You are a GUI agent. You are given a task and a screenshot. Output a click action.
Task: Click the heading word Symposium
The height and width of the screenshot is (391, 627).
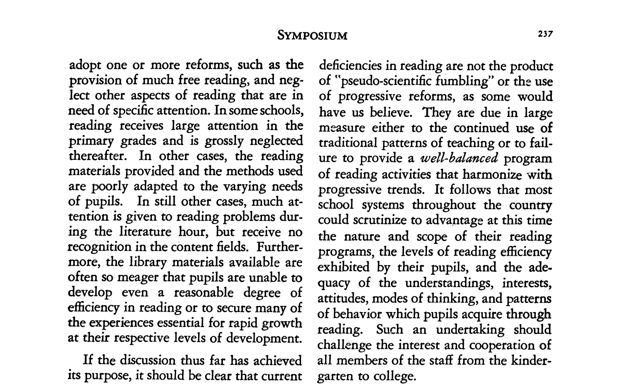pos(312,36)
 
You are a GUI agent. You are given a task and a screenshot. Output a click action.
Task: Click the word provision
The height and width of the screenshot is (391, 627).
pos(95,81)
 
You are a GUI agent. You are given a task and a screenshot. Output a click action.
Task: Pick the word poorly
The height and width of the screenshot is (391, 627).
pos(110,187)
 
